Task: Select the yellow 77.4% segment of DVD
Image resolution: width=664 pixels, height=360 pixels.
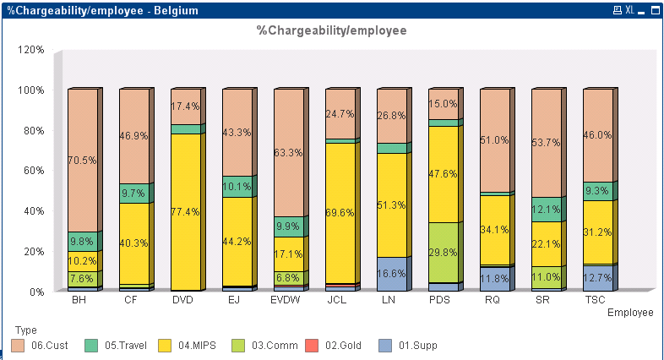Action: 186,212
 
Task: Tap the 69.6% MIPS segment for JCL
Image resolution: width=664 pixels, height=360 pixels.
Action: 341,213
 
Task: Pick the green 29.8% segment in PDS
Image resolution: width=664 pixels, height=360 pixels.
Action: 444,252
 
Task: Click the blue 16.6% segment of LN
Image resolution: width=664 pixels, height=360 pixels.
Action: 393,274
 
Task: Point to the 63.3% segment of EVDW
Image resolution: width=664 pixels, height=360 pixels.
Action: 289,153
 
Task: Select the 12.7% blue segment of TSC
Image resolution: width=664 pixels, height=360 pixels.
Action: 599,278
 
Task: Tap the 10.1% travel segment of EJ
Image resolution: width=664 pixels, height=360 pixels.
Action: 237,187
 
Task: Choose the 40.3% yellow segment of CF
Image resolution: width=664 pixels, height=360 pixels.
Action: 134,243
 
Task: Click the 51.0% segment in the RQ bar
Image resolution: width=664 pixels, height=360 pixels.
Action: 496,140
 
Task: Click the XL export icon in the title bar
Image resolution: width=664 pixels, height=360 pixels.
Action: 629,10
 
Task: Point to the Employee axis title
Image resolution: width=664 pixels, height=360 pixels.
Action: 630,313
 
